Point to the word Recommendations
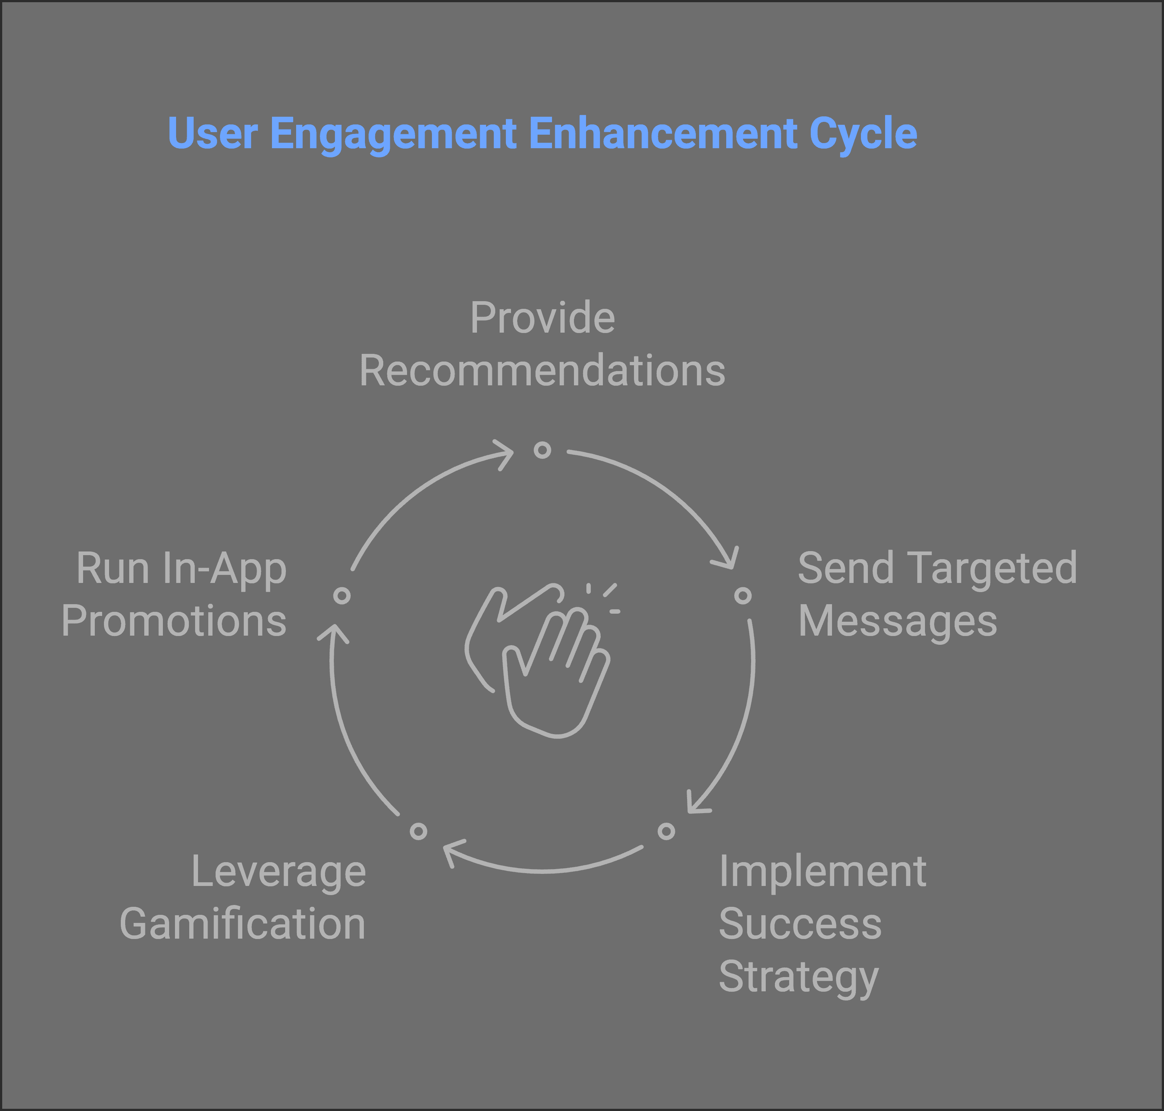[x=542, y=371]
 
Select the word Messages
[x=898, y=622]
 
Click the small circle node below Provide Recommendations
[x=542, y=450]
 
